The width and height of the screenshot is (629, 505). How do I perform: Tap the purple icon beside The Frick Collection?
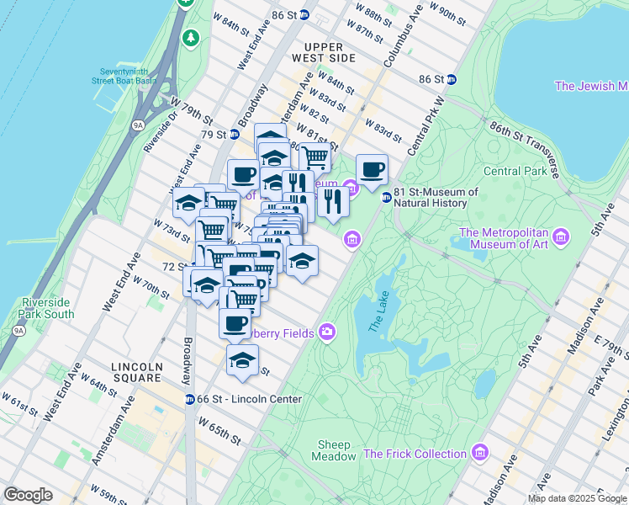(480, 453)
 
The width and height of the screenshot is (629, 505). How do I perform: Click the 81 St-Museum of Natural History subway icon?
(386, 197)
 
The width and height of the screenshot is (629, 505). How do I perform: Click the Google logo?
(28, 495)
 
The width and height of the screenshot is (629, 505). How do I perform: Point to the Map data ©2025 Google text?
(578, 498)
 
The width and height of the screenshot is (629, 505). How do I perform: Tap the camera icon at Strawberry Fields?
(326, 332)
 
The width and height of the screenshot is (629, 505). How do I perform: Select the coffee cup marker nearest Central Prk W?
(372, 170)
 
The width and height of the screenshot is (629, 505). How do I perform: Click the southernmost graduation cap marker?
(242, 360)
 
